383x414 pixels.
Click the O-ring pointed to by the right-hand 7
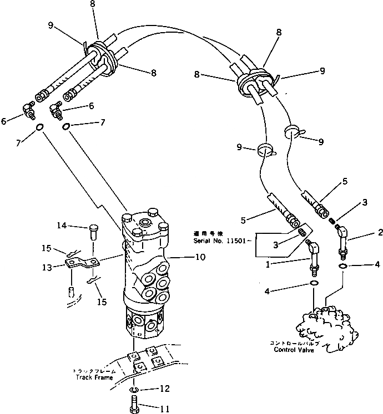pyautogui.click(x=67, y=127)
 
